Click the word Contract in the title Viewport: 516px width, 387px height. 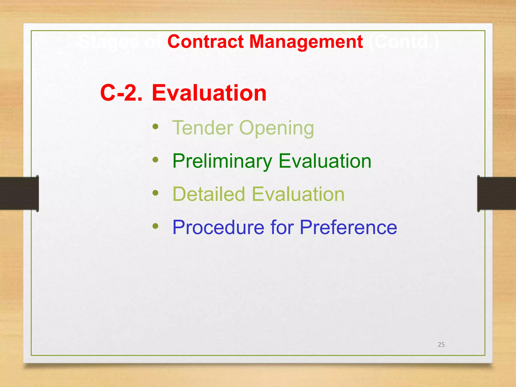pos(205,42)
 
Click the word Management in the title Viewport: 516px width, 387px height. pos(306,42)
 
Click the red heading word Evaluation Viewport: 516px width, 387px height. pos(209,93)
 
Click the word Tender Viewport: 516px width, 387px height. pos(203,128)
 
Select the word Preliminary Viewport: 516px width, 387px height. pos(222,161)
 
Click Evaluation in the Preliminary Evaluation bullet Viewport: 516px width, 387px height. pos(325,161)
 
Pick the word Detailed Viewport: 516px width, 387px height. pos(209,194)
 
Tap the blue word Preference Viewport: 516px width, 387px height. pos(348,228)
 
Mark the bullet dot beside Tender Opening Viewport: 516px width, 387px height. pos(155,126)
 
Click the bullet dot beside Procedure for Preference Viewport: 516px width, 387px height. pos(155,226)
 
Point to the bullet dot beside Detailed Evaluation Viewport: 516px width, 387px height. pos(155,193)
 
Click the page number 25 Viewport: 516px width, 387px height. pos(441,345)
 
